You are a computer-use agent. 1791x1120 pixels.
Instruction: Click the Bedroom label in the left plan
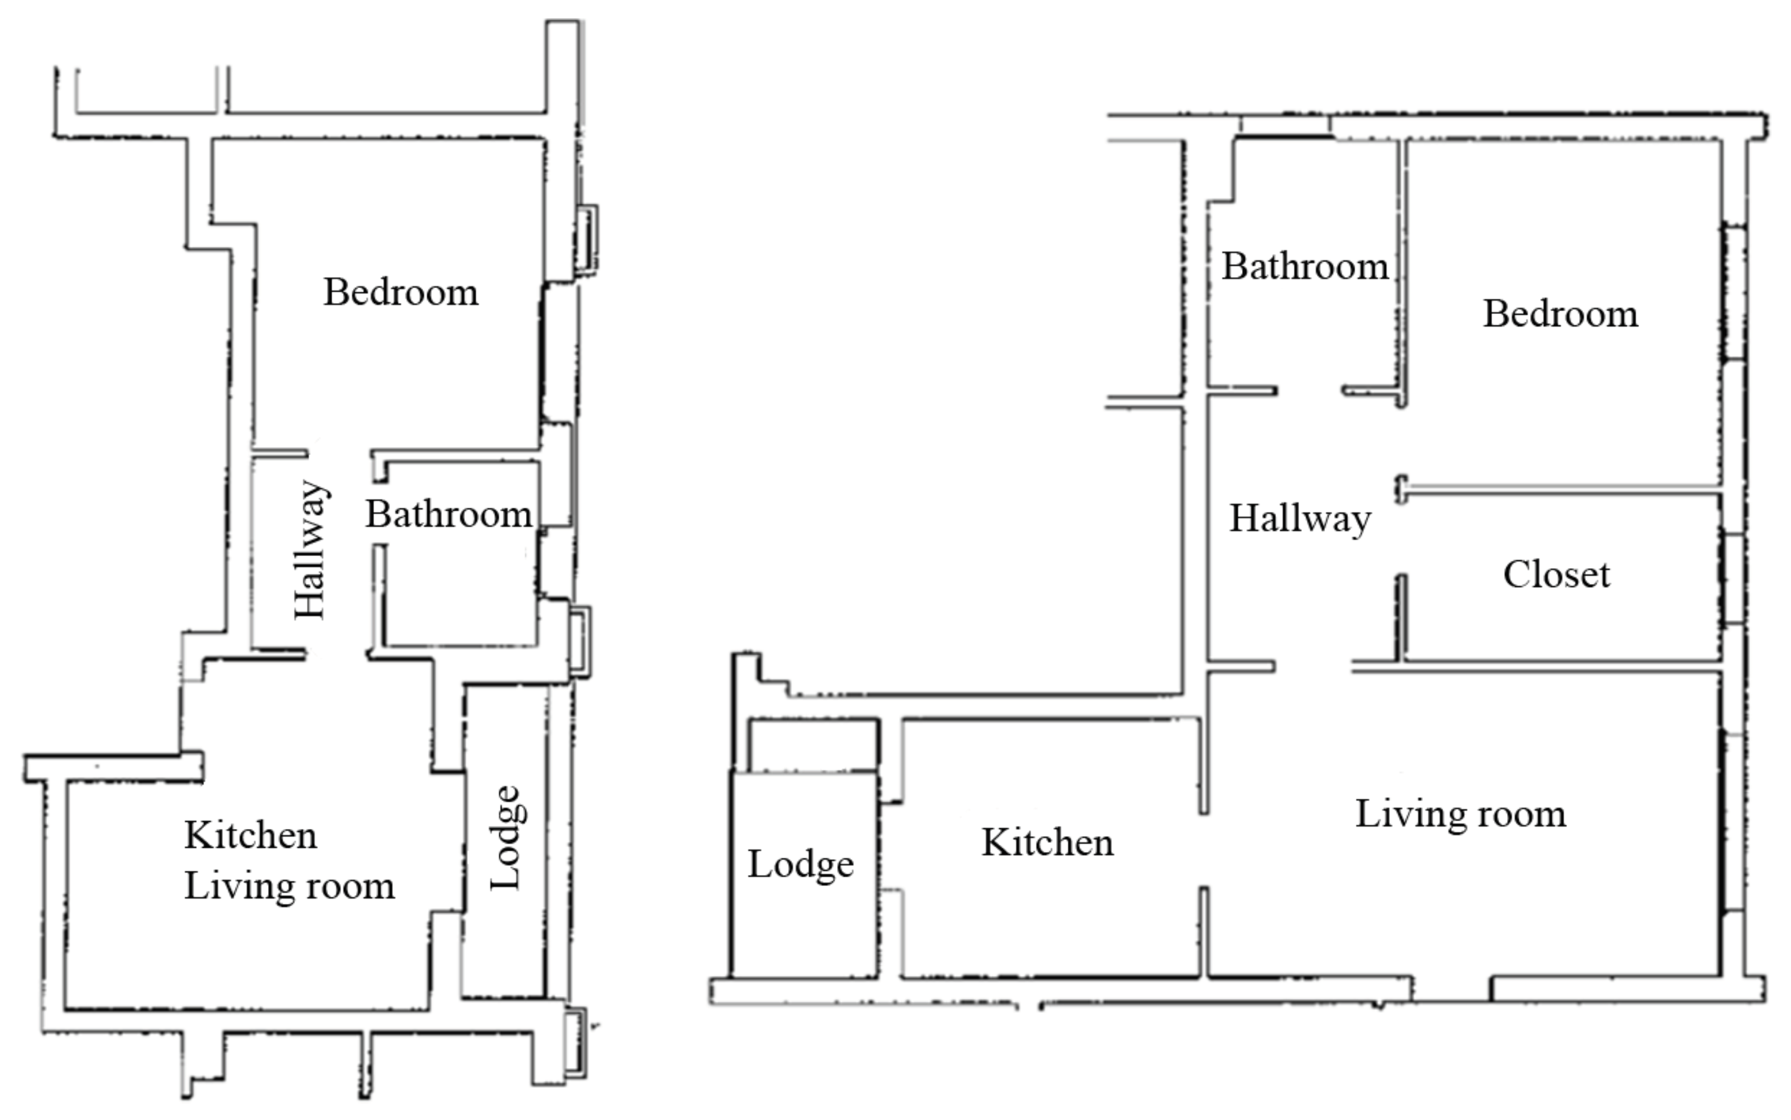(x=401, y=292)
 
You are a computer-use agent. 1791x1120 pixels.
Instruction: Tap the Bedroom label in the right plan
(x=1560, y=313)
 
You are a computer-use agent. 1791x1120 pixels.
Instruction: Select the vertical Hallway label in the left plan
(x=311, y=549)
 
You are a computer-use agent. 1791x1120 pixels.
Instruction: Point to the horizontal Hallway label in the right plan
(x=1301, y=519)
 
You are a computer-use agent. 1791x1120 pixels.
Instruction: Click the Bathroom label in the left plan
(x=449, y=514)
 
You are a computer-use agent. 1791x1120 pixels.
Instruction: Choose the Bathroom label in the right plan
(x=1305, y=266)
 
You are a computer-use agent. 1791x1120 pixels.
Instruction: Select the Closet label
(x=1556, y=575)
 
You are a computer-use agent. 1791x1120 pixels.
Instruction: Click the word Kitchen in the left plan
(x=251, y=836)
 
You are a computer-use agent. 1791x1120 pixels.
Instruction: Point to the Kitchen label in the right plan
(x=1048, y=842)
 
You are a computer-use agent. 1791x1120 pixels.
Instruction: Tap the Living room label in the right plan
(x=1461, y=814)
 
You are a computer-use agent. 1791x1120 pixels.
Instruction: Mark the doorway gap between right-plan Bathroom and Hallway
(x=1309, y=390)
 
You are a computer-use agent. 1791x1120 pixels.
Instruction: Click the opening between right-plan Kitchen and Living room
(x=1203, y=850)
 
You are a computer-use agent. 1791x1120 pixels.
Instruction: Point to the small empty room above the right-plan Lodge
(x=813, y=745)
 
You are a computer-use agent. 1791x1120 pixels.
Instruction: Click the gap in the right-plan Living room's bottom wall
(x=1451, y=988)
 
